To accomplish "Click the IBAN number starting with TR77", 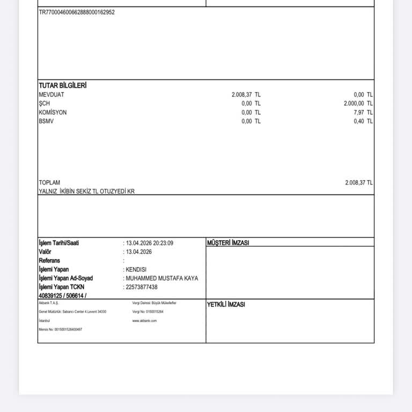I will pos(77,12).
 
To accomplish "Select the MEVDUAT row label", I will pos(51,94).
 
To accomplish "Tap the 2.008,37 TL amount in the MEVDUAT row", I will pos(246,94).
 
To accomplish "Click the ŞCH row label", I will pos(44,104).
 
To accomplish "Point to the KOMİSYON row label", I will pos(53,113).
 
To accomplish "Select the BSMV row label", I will pos(46,121).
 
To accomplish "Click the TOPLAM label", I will pos(49,182).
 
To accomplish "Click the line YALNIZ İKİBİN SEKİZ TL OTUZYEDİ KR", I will pos(87,191).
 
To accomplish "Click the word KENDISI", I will pos(136,269).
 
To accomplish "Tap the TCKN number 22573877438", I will pos(142,287).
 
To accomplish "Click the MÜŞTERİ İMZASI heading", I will pos(228,243).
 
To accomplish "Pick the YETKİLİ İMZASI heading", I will pos(226,305).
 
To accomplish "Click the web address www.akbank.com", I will pos(144,320).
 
